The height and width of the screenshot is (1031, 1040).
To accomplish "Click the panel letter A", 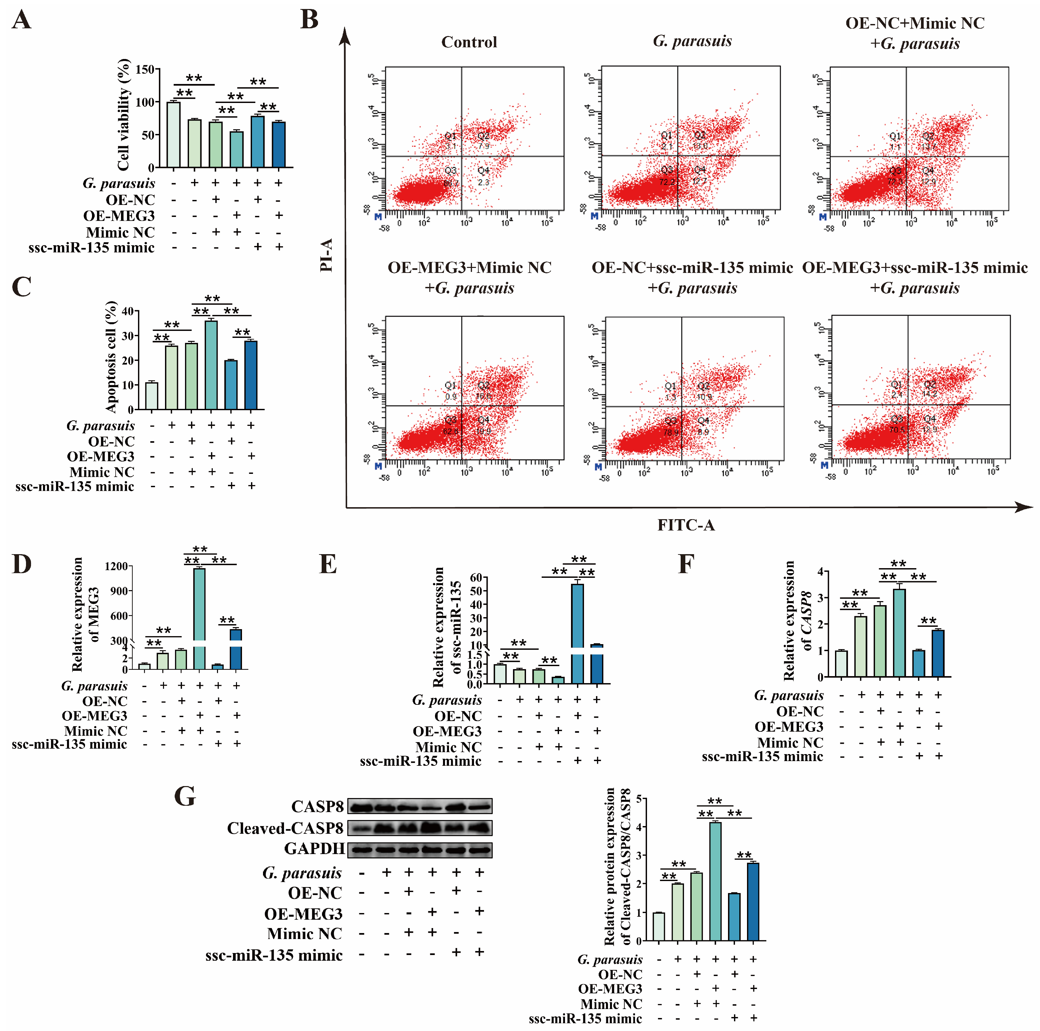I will pos(22,20).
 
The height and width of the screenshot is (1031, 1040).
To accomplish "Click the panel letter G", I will pos(185,796).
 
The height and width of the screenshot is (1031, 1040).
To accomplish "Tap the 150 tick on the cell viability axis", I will pos(145,69).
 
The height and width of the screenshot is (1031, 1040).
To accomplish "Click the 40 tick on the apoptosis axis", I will pos(128,311).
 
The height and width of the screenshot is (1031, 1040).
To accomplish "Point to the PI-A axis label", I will pos(327,255).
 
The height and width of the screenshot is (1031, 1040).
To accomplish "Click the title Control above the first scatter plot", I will pos(469,42).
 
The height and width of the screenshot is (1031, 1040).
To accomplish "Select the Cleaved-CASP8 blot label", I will pos(285,828).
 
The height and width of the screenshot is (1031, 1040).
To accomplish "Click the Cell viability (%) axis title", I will pos(123,114).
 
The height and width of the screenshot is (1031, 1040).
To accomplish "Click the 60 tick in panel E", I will pos(476,577).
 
